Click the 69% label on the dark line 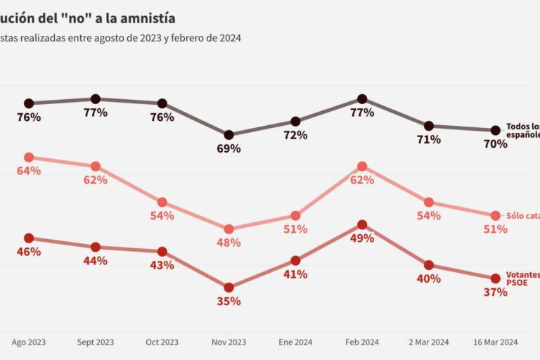coord(229,148)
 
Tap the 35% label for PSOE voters coord(229,301)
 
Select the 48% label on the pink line coord(229,243)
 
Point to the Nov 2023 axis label coord(229,342)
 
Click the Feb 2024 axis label coord(361,342)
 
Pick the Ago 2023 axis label coord(29,342)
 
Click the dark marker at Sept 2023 coord(96,99)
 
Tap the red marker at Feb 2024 coord(361,225)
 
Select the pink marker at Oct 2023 coord(162,202)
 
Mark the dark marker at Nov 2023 coord(229,134)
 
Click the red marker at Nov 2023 coord(229,287)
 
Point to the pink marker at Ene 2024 coord(295,215)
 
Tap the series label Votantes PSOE coord(522,279)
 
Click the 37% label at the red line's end coord(495,292)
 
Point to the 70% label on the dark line coord(495,144)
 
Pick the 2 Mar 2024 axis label coord(428,342)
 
